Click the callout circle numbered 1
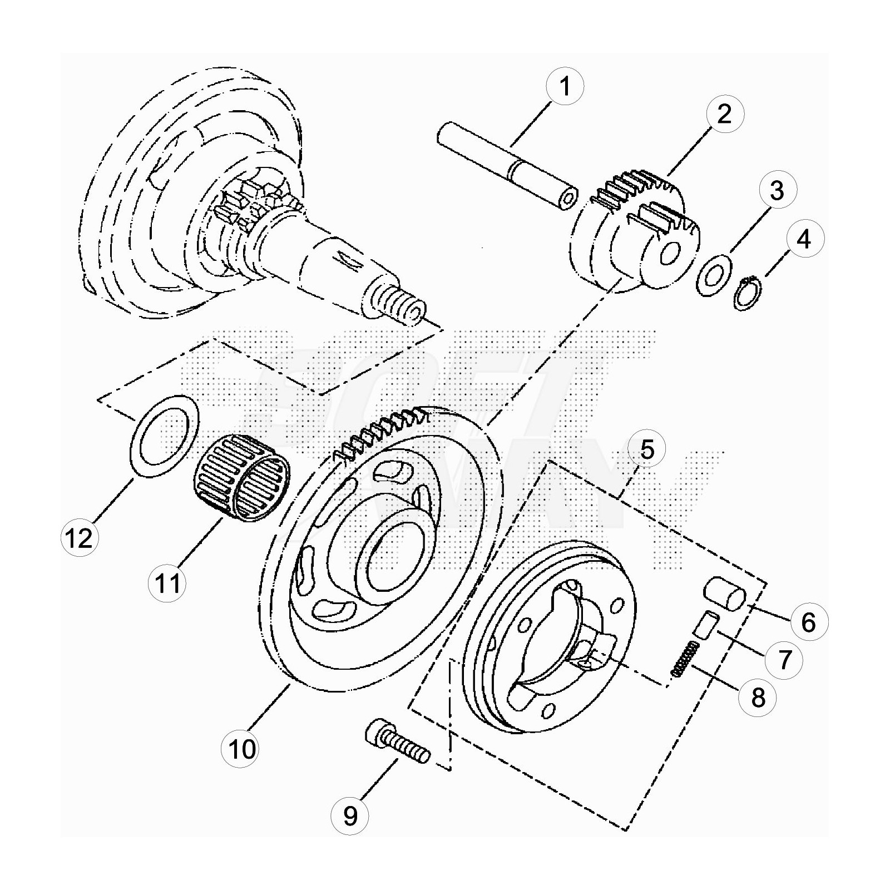coord(565,87)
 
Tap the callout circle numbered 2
coord(724,114)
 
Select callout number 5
coord(647,449)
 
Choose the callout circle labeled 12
coord(80,538)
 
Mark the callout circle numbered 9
coord(350,816)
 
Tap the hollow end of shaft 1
coord(567,200)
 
